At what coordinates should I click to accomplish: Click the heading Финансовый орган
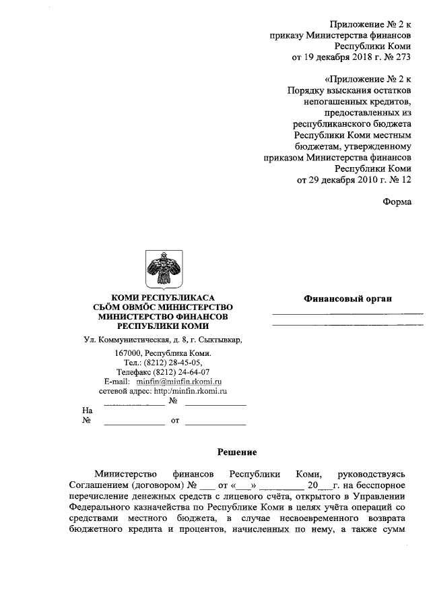click(347, 299)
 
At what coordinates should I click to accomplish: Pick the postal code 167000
click(129, 353)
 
